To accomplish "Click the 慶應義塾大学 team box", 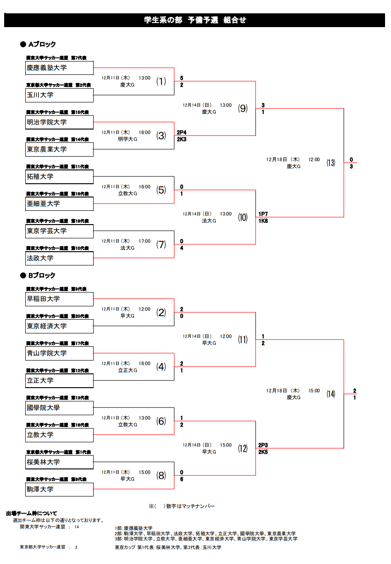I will pos(60,68).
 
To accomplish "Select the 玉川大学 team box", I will pos(60,95).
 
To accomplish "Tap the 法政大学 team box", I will pos(60,258).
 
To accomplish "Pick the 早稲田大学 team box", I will pos(60,299).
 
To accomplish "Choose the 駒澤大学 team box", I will pos(60,490).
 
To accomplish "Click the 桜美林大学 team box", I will pos(60,462).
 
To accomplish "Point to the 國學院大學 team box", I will pos(60,408).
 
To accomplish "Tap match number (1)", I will pos(161,81).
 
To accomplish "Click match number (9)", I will pos(243,108).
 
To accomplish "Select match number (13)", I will pos(331,163).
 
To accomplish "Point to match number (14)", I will pos(331,394).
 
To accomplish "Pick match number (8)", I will pos(161,475).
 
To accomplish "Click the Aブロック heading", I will pos(42,45).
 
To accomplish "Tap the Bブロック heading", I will pos(42,276).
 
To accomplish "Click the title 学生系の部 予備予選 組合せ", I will pos(195,20).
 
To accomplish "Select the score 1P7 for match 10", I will pos(263,214).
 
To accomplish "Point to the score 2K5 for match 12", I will pos(263,452).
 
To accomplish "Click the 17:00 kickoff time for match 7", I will pos(145,241).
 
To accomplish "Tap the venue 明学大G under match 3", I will pos(128,139).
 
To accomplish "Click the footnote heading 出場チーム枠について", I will pos(32,513).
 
